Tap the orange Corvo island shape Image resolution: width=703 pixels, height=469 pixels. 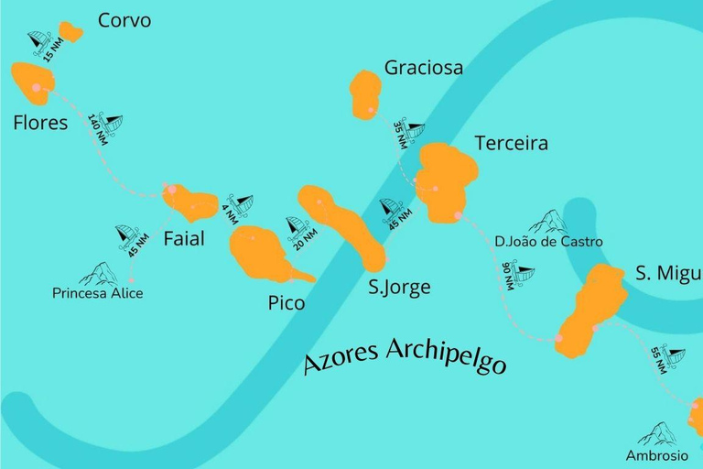70,33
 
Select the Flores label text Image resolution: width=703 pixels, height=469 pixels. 40,122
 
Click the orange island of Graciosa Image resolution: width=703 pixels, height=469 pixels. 365,92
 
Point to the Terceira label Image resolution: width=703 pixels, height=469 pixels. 511,144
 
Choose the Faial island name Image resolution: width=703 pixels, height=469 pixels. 184,240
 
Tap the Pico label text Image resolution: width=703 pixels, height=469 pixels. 287,303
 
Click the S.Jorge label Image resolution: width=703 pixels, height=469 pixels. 399,288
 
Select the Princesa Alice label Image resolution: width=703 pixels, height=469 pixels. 97,294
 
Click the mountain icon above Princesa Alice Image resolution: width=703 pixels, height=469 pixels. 98,273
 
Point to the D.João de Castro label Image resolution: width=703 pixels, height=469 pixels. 548,242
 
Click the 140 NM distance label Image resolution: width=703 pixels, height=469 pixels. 98,131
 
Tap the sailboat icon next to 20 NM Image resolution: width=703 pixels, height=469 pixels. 296,225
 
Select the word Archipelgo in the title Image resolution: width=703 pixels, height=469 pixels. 447,355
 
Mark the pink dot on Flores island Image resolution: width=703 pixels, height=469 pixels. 37,88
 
